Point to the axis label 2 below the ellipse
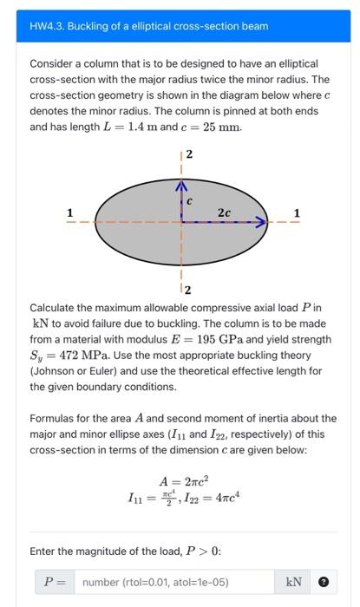(x=188, y=288)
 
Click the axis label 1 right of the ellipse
(x=298, y=213)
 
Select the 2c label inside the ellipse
(x=224, y=211)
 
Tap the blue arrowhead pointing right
(x=259, y=223)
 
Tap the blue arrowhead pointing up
(x=182, y=186)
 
